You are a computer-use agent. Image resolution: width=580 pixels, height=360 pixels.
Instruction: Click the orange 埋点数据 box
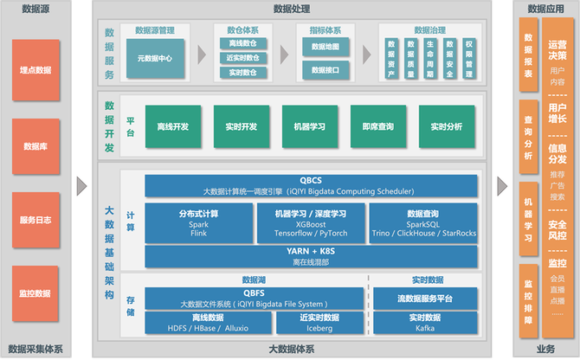pos(35,68)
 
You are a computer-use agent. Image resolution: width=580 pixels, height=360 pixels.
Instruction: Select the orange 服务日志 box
pos(35,221)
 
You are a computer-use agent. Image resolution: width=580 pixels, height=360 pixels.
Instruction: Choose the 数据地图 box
pos(325,46)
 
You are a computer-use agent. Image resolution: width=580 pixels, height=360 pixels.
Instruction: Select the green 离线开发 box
pos(172,126)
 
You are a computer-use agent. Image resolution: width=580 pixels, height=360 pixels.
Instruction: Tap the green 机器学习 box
pos(309,126)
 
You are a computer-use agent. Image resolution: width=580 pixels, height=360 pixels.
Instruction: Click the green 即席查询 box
pos(377,126)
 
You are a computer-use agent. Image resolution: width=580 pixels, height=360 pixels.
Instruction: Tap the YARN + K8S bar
pos(311,256)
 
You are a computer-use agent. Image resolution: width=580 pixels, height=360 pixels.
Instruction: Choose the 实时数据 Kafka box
pos(425,323)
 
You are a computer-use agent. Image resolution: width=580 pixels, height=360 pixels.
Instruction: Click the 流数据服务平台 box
pos(425,299)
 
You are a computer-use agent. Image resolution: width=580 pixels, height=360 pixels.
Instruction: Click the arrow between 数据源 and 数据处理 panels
pos(82,185)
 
